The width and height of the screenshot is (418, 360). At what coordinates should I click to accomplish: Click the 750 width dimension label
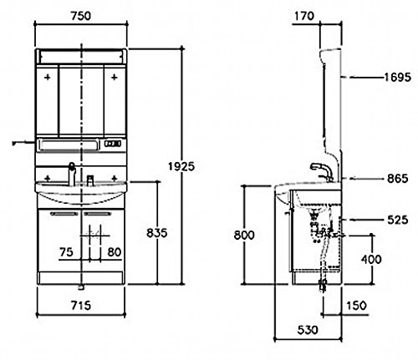click(81, 16)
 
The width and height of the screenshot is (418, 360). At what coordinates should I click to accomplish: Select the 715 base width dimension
click(81, 306)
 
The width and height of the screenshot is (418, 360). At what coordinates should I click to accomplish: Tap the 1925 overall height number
click(181, 166)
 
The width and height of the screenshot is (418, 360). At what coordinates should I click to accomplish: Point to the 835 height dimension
click(157, 233)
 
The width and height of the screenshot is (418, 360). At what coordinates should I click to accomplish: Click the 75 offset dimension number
click(66, 252)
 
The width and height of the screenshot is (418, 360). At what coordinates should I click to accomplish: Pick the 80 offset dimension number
click(115, 252)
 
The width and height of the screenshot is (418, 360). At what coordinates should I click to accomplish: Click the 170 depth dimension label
click(304, 16)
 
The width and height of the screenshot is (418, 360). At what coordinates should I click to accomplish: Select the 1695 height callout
click(398, 77)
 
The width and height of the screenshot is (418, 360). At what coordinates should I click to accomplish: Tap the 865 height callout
click(398, 179)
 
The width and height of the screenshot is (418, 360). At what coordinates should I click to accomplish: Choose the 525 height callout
click(398, 220)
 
